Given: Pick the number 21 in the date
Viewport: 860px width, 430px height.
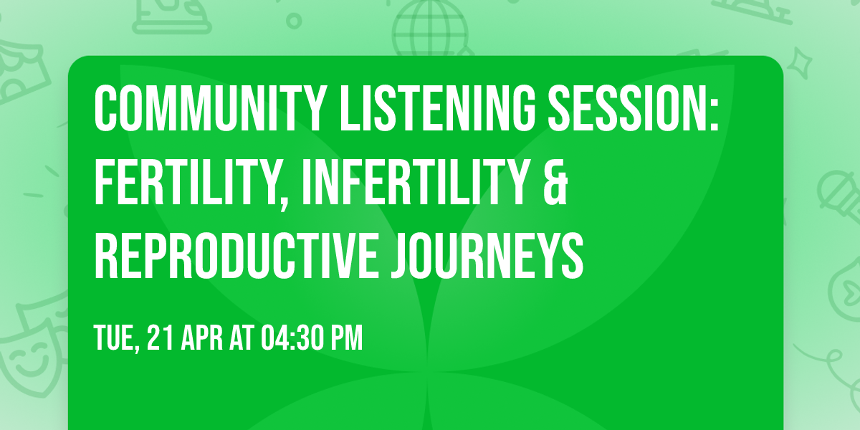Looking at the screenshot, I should coord(158,338).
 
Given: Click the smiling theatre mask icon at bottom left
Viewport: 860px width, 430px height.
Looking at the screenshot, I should coord(25,355).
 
